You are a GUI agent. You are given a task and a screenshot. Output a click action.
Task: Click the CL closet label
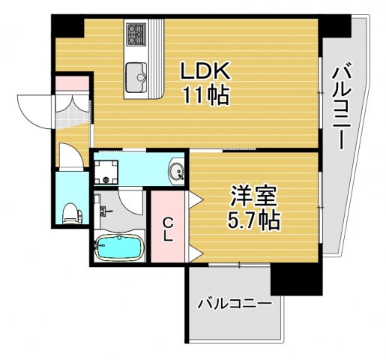click(x=169, y=227)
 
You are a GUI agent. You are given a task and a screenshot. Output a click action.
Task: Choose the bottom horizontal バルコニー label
click(x=234, y=304)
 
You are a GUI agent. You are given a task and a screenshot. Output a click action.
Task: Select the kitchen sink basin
click(x=138, y=76)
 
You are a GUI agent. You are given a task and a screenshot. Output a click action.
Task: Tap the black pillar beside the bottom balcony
click(x=296, y=279)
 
